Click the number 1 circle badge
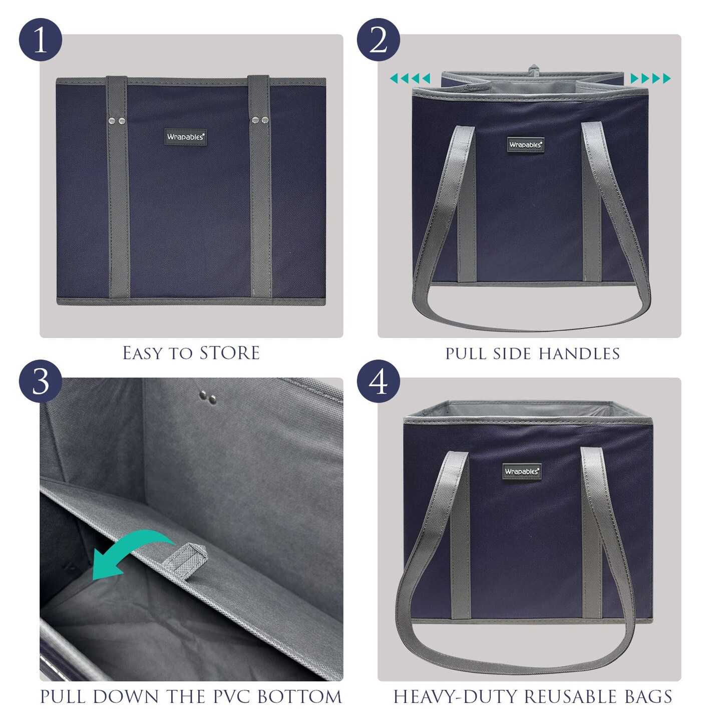click(41, 40)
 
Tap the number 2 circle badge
click(379, 40)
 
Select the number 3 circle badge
click(41, 382)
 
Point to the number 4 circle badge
click(379, 382)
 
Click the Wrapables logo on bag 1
click(186, 137)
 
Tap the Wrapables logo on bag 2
click(525, 145)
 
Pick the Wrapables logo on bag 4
click(522, 471)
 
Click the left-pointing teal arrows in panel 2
click(410, 78)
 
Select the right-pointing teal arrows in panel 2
click(650, 78)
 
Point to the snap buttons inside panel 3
click(207, 398)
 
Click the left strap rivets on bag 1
click(116, 120)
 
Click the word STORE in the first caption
click(229, 353)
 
